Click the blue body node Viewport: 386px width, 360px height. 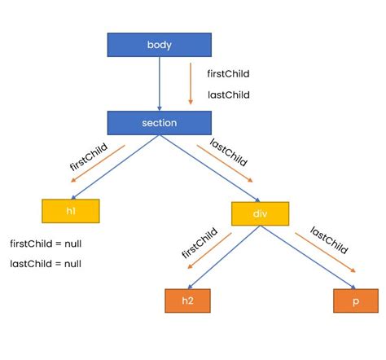point(160,45)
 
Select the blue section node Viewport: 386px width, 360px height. point(160,123)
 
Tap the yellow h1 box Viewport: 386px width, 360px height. point(70,211)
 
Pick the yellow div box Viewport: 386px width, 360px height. point(260,213)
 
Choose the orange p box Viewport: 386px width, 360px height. point(356,300)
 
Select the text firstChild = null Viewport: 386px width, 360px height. point(46,244)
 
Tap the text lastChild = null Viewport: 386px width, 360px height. point(46,263)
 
